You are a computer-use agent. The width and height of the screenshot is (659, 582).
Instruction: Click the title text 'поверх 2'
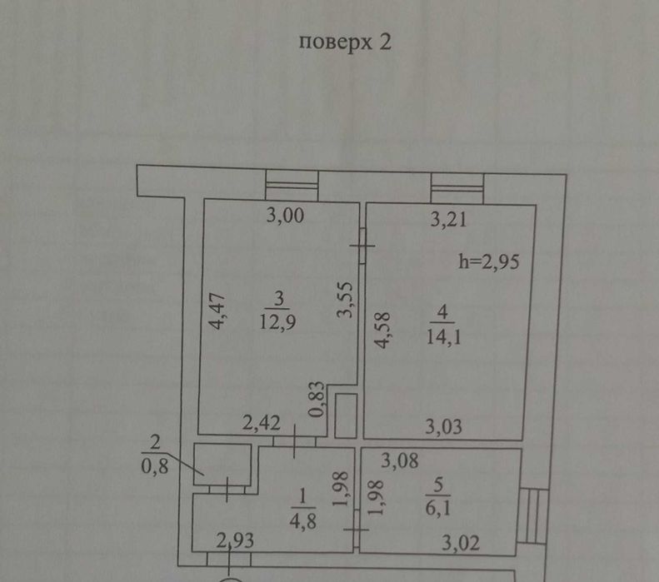[344, 44]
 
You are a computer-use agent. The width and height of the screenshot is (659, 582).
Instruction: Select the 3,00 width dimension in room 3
[286, 218]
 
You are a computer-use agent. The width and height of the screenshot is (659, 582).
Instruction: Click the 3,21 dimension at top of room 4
[451, 221]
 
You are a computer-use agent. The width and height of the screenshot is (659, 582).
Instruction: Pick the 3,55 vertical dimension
[347, 301]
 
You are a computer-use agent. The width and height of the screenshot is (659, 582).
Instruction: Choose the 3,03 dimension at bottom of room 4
[444, 428]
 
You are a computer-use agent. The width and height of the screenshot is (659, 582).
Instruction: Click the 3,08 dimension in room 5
[400, 459]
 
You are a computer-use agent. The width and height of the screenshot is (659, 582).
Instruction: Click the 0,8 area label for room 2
[155, 466]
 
